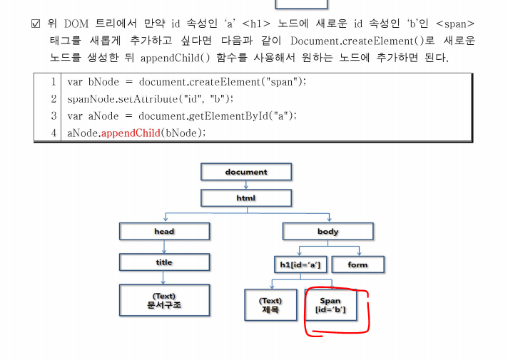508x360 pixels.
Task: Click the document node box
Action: point(246,172)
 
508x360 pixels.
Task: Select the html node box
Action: point(246,197)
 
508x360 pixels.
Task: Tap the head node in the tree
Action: point(164,232)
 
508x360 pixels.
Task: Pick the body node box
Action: point(328,232)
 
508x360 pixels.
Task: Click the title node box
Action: point(164,262)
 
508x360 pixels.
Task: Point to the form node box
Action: point(357,264)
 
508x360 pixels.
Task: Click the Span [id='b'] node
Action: point(331,305)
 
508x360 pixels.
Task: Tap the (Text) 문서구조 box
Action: point(164,301)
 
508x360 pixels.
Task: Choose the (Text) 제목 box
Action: point(270,305)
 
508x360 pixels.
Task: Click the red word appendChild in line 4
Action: point(130,133)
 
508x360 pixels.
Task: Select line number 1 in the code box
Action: point(54,81)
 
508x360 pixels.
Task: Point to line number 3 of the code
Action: point(54,115)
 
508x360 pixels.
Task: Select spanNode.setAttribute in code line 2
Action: point(121,98)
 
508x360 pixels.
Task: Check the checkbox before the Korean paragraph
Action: point(36,24)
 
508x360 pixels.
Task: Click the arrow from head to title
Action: point(164,247)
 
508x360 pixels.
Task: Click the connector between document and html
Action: point(246,185)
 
